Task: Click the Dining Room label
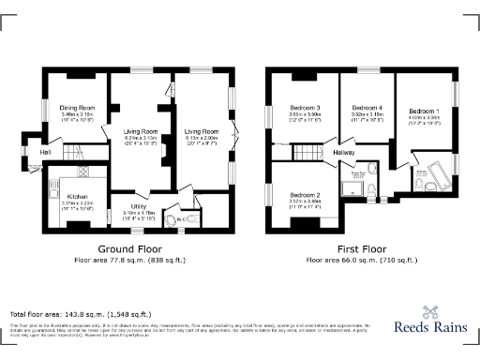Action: click(x=78, y=108)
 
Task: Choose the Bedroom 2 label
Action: click(x=305, y=194)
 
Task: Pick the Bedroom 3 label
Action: click(x=305, y=108)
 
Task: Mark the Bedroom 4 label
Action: click(x=367, y=108)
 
